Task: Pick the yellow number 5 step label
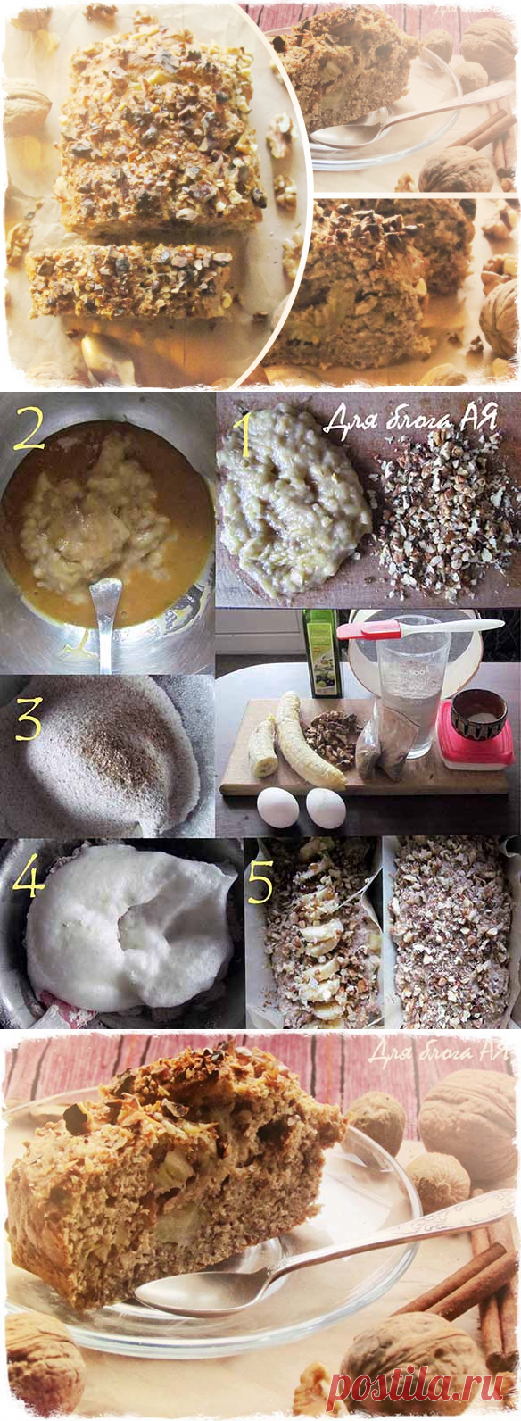point(259,881)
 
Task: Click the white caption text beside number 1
point(409,420)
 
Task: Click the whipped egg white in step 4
point(132,927)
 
